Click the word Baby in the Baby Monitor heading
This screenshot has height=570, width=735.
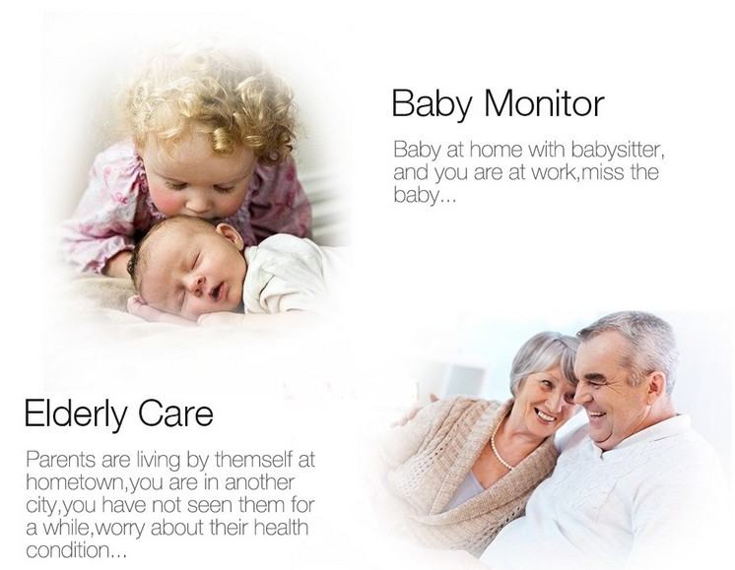coord(432,105)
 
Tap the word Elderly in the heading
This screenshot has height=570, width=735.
coord(76,414)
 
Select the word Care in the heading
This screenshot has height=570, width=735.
coord(176,412)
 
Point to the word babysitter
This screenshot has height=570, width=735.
coord(618,151)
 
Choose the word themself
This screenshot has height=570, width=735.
coord(253,460)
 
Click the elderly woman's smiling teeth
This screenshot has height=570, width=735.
coord(547,415)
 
